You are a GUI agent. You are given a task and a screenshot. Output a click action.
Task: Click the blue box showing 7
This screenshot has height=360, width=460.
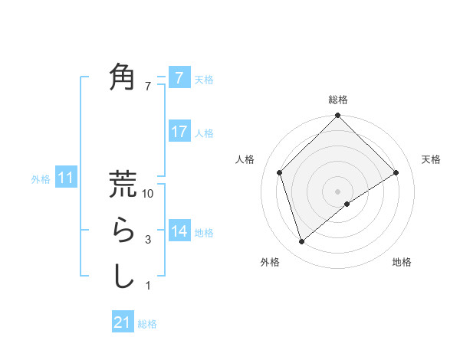[x=179, y=77]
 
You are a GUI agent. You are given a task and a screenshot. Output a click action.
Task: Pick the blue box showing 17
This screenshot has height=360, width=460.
[x=179, y=132]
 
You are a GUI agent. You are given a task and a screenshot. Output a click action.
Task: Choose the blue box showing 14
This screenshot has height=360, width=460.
[x=179, y=231]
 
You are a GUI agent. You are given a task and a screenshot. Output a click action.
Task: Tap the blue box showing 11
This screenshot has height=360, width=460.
[x=66, y=178]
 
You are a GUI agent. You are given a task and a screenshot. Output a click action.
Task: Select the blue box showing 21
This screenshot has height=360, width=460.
[x=123, y=322]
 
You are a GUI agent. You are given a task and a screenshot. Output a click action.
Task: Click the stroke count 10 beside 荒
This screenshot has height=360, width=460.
[x=149, y=195]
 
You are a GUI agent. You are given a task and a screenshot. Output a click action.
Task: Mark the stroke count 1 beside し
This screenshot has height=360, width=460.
[x=148, y=286]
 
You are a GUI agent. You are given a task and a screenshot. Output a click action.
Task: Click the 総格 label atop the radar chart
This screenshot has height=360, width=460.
[x=337, y=100]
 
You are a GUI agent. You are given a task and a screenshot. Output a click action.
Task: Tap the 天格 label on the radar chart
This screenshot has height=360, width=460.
[x=432, y=159]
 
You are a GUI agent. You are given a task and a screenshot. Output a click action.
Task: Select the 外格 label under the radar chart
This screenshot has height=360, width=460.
[x=269, y=263]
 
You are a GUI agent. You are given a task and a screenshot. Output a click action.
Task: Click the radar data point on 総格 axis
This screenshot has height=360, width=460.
[x=337, y=116]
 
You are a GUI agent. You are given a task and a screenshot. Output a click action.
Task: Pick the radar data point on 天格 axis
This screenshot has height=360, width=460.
[x=396, y=172]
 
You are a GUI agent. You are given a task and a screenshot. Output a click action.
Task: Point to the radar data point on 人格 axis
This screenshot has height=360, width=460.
[x=280, y=172]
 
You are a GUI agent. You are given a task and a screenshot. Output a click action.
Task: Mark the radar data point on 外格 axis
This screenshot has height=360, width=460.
[x=301, y=242]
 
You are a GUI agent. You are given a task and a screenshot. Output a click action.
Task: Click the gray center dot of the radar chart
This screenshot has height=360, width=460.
[x=337, y=191]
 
